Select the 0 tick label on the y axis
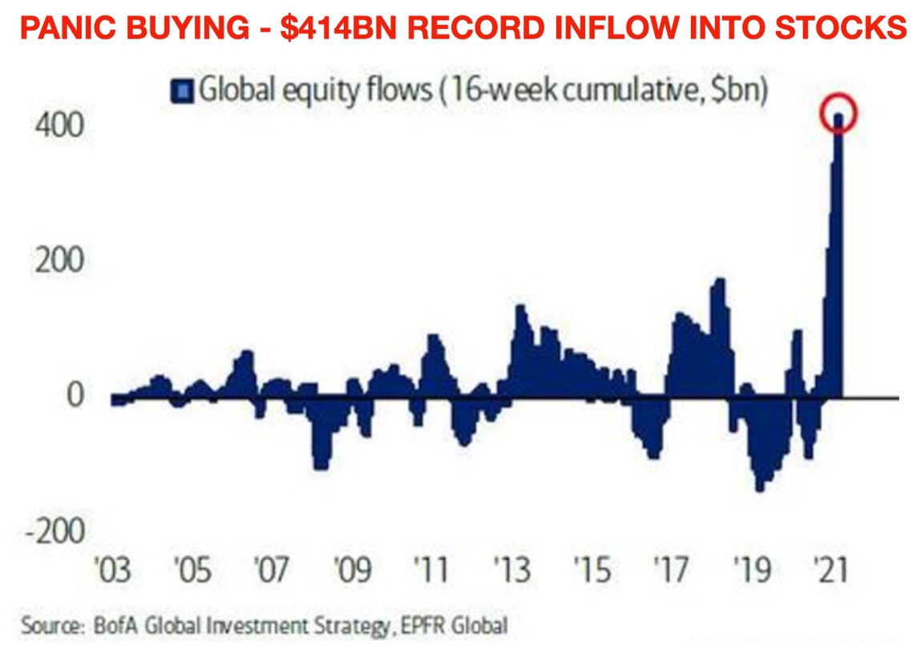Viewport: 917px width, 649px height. [x=75, y=395]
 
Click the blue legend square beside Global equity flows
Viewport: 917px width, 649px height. [x=184, y=91]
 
